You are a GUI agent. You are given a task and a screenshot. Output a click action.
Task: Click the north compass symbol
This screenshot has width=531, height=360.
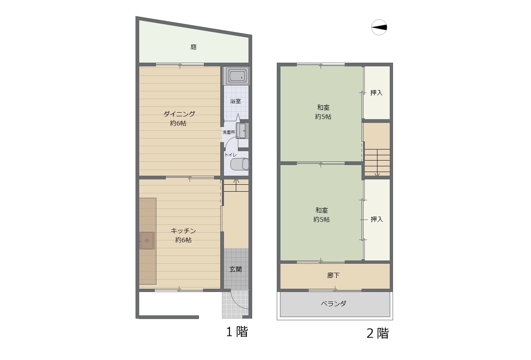379,27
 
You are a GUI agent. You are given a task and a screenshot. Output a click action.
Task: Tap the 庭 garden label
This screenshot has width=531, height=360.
193,47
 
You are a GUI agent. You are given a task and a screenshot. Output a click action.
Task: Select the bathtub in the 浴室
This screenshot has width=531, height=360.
236,76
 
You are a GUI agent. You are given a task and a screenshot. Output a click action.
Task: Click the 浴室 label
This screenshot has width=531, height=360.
235,101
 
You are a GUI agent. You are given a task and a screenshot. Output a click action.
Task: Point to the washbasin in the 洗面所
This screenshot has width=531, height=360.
242,131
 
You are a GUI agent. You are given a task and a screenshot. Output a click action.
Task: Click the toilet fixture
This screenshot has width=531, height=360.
240,164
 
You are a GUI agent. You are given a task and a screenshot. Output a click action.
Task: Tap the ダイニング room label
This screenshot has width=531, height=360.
179,114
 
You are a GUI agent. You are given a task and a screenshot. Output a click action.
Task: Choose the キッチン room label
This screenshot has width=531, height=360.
183,231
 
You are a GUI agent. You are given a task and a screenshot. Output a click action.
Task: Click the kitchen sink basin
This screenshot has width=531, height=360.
147,240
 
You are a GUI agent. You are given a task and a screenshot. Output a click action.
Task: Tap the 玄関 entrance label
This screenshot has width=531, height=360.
236,269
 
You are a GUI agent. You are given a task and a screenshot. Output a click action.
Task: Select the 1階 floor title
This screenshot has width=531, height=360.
237,332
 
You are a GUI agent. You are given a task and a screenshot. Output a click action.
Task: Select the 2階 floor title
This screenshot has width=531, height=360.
377,333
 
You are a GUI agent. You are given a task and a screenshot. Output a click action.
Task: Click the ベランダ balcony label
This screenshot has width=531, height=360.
334,303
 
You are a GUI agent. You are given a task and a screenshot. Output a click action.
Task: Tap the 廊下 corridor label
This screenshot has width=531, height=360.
333,275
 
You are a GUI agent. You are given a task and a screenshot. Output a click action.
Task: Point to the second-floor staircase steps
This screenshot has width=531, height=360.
377,163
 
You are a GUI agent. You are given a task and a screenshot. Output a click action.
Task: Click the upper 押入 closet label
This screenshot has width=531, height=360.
376,93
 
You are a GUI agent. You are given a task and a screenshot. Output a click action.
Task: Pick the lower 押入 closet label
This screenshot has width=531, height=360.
377,220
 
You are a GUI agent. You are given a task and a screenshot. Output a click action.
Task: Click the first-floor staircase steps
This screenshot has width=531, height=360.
236,185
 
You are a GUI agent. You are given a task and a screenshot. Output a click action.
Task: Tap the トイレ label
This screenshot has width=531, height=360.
230,155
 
